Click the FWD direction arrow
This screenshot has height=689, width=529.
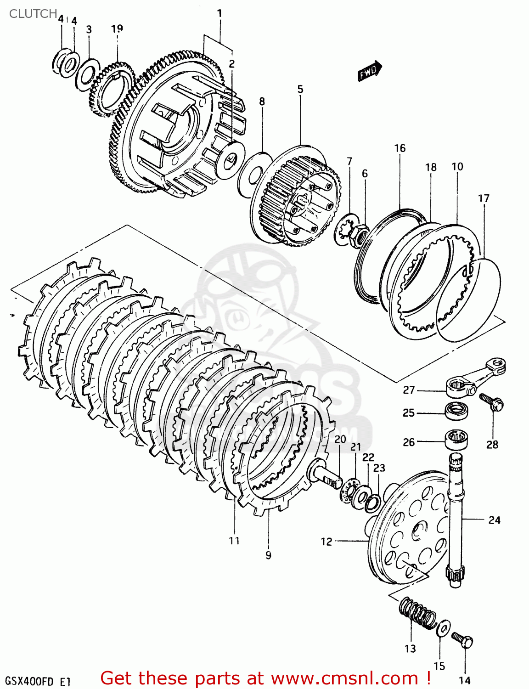pos(370,71)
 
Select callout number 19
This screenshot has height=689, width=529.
pos(117,28)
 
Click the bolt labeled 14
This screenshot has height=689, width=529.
pos(462,639)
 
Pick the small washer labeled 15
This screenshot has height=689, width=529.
pos(444,628)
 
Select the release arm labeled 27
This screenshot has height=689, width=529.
pos(475,376)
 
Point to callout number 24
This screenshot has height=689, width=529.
pos(494,520)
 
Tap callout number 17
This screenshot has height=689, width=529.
pos(484,198)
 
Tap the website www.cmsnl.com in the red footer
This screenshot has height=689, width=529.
pos(344,678)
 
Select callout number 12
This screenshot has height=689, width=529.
pos(326,542)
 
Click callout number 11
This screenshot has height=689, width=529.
pos(234,541)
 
